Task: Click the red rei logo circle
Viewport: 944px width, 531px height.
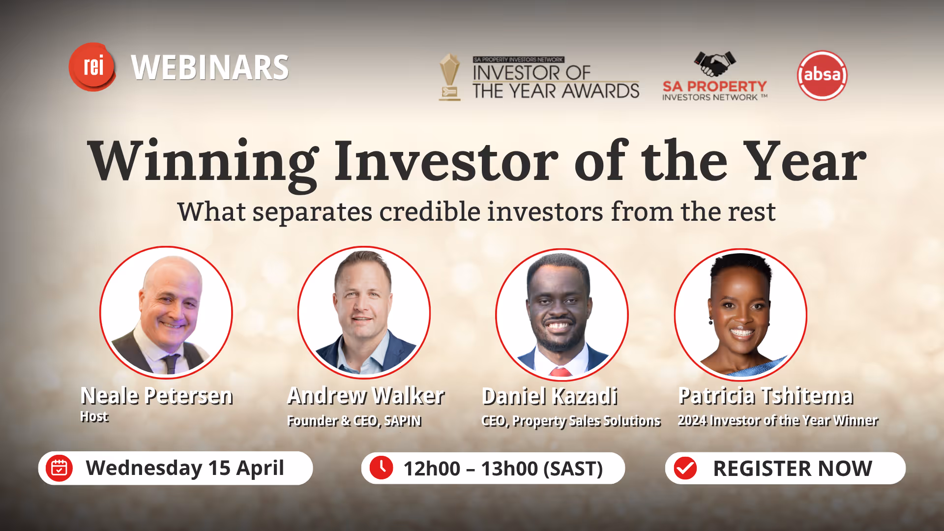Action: [92, 66]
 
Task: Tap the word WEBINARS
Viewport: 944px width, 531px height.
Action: [210, 68]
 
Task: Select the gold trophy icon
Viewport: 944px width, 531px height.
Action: [449, 77]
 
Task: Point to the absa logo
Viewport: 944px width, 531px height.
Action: [822, 75]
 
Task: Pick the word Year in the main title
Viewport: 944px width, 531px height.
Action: [804, 161]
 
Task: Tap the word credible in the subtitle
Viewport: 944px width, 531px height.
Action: [430, 212]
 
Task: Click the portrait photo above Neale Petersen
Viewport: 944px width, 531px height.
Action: [166, 313]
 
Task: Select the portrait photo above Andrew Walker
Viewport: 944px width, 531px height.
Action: [364, 313]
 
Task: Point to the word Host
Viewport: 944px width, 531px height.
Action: [94, 416]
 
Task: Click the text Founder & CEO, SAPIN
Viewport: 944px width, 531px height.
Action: [354, 421]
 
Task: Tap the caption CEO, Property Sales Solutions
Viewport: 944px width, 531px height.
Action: [571, 421]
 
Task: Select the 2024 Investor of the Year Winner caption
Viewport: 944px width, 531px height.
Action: [778, 420]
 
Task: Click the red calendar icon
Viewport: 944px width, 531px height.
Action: [59, 468]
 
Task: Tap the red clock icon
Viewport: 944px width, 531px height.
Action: [382, 467]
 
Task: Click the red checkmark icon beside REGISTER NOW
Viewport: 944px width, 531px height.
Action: [685, 468]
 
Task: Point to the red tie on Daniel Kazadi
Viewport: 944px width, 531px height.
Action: [560, 372]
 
